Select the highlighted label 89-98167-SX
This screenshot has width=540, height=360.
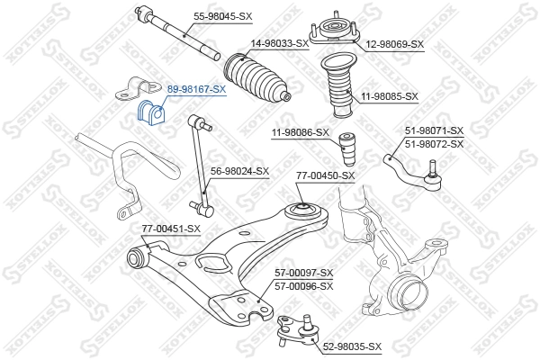[x=196, y=90]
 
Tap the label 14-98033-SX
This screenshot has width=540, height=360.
[x=280, y=42]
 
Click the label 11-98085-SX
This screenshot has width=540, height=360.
[x=389, y=95]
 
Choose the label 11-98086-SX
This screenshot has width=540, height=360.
[x=301, y=134]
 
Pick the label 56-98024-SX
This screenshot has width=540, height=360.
[x=239, y=171]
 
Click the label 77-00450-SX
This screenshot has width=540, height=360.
[x=325, y=175]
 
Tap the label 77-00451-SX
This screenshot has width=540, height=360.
[x=170, y=229]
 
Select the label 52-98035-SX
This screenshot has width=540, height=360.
[x=352, y=346]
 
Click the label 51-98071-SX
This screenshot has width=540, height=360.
[x=434, y=131]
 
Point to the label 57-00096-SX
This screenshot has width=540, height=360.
[x=303, y=285]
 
